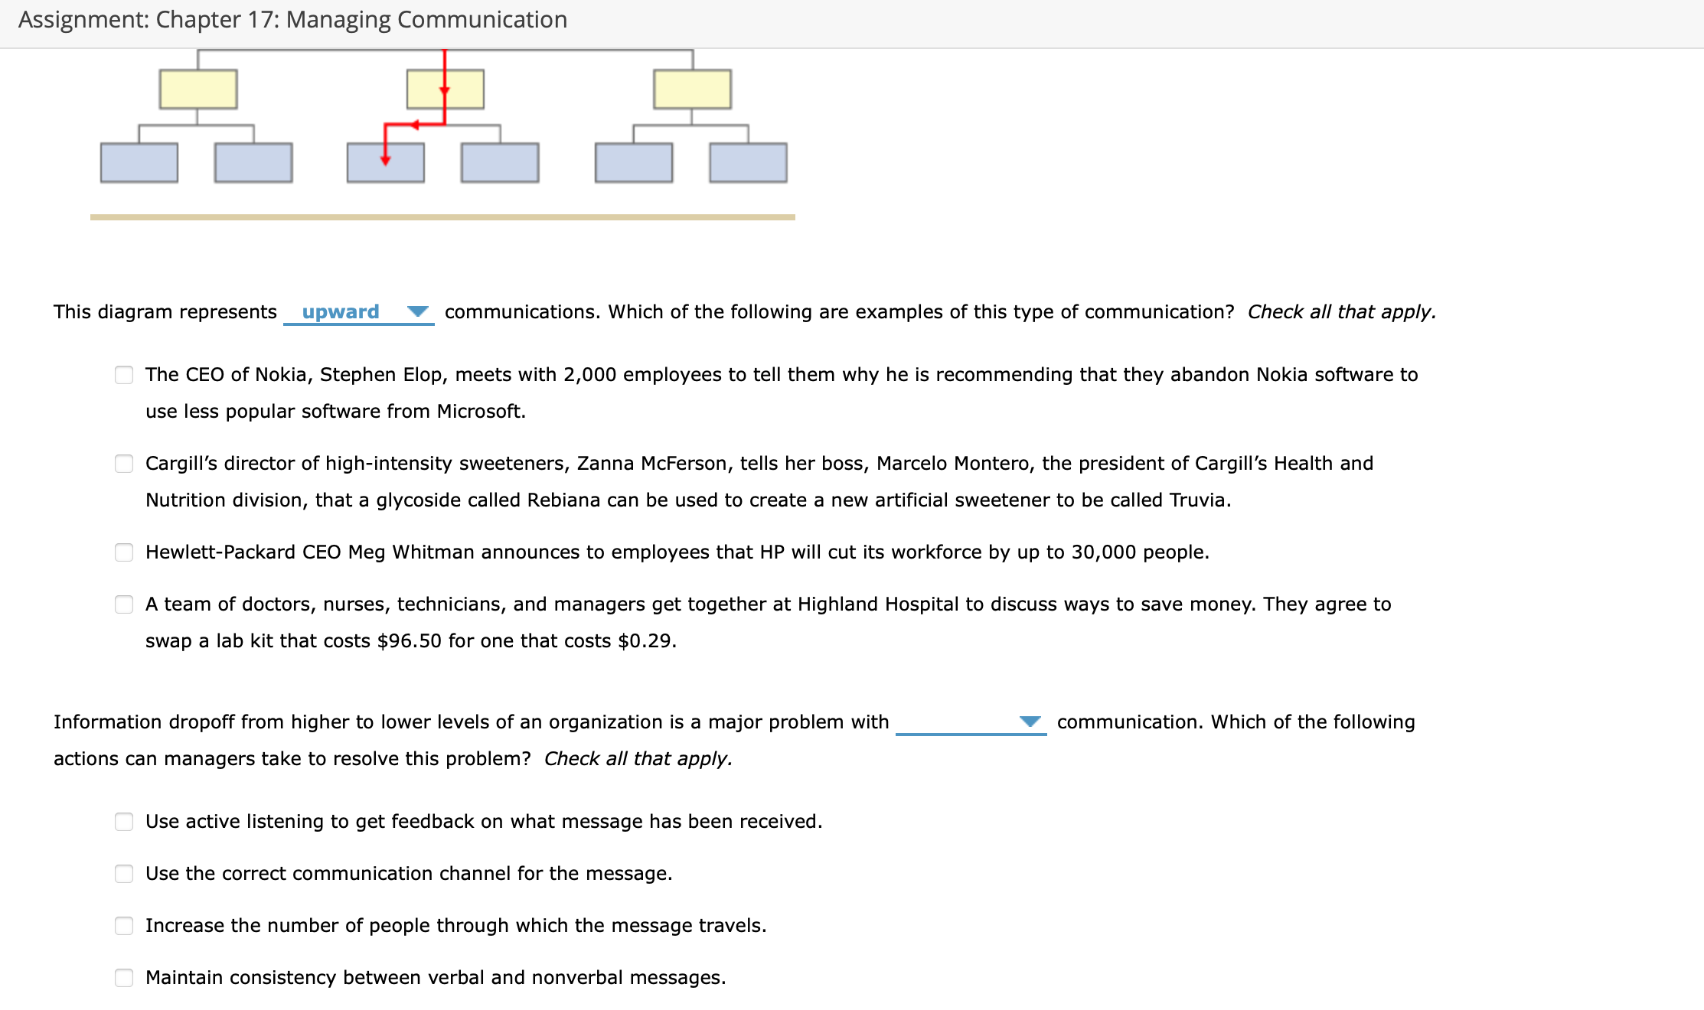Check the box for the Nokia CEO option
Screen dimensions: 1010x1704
point(124,375)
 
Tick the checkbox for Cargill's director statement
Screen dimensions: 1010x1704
point(124,464)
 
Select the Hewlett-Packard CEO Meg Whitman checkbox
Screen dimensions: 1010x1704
point(124,552)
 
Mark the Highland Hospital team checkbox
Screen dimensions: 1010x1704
point(124,604)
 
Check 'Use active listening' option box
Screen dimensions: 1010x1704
point(124,822)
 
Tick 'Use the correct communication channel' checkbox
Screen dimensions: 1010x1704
point(124,874)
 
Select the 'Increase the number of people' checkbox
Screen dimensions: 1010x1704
point(124,926)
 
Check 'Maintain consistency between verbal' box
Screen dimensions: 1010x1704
point(124,978)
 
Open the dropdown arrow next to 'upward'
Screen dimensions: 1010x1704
point(417,311)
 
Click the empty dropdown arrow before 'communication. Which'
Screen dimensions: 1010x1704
point(1030,722)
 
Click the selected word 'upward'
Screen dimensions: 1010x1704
point(341,311)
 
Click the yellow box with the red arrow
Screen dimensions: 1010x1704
point(445,90)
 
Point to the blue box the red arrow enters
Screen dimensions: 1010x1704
point(385,162)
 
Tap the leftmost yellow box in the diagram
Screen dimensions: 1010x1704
point(198,90)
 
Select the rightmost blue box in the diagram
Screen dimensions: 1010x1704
point(748,162)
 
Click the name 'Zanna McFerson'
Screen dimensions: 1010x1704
point(651,464)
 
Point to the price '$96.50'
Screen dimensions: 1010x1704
point(409,641)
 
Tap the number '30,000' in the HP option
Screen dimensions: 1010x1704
point(1103,552)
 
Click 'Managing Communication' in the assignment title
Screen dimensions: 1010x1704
point(426,20)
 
